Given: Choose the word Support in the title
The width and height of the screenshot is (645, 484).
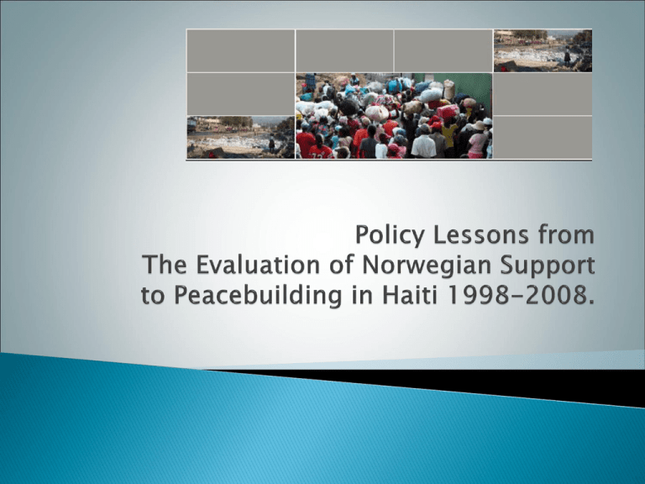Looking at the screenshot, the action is click(x=547, y=266).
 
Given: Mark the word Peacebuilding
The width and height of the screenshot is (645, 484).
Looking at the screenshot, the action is click(x=258, y=295).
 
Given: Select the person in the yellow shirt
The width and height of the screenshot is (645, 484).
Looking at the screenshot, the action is click(x=448, y=132).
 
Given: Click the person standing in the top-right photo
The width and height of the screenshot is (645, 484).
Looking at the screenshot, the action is click(x=567, y=57).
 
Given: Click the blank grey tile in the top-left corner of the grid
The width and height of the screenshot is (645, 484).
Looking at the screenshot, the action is click(x=241, y=50).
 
